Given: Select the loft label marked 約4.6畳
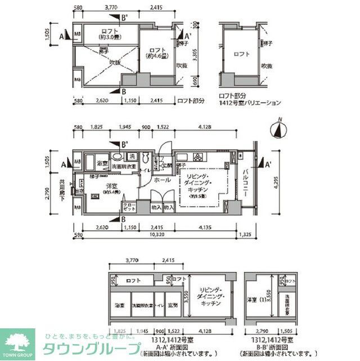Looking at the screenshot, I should coord(155,52).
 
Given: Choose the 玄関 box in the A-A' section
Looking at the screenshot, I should coord(173,305).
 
